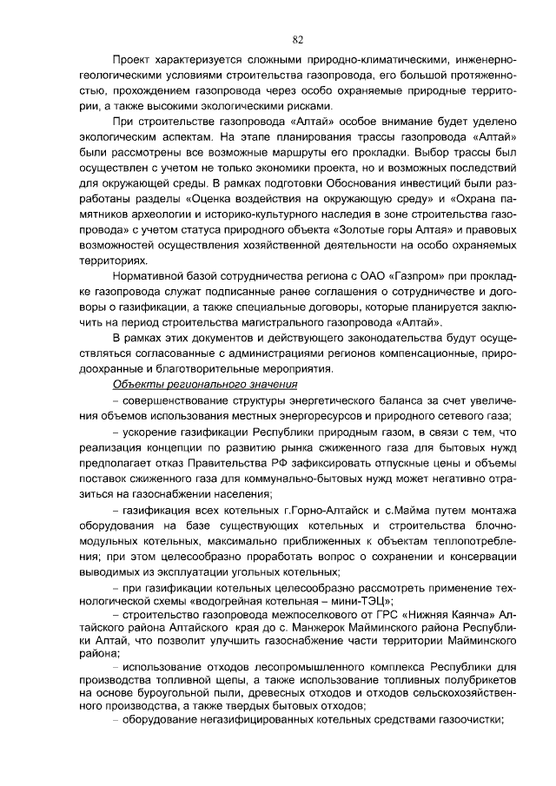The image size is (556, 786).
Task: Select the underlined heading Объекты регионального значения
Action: tap(206, 385)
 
